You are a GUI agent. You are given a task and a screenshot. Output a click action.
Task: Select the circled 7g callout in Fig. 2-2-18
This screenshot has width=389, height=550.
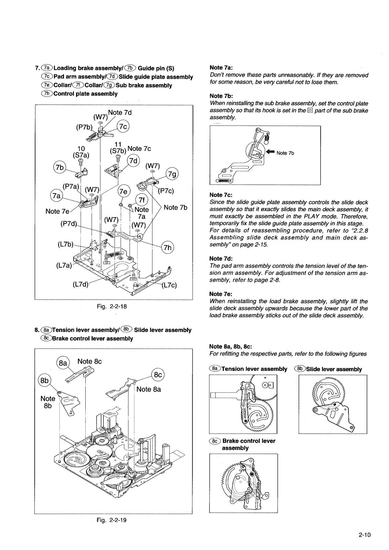[x=172, y=175]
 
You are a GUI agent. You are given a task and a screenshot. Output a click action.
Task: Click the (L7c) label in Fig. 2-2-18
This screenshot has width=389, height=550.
[x=168, y=285]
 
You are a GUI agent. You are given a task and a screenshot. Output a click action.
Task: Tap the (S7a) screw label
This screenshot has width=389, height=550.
[x=81, y=155]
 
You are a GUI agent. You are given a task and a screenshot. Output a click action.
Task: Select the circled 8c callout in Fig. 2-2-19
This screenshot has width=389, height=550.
[x=158, y=375]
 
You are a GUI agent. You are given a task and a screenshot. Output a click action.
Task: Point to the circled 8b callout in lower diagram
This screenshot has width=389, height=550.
[x=44, y=381]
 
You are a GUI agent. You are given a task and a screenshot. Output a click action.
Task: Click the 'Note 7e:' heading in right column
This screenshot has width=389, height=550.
[x=221, y=294]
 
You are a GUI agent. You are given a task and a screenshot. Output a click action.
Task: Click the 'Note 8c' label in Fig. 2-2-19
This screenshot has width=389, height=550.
[x=90, y=361]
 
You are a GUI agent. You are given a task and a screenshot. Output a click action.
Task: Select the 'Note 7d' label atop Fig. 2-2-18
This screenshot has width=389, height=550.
[x=120, y=112]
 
